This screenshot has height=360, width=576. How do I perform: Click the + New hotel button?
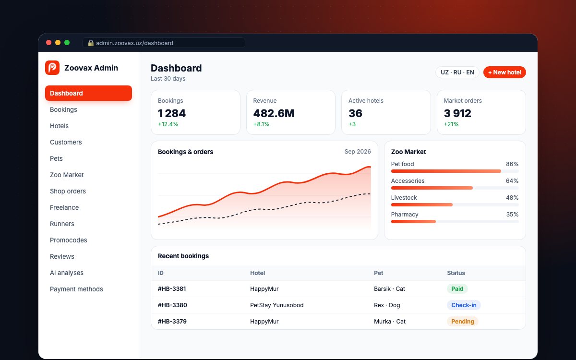pyautogui.click(x=504, y=72)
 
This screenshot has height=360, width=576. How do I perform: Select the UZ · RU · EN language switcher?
pyautogui.click(x=457, y=72)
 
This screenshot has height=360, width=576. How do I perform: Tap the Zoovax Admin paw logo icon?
pyautogui.click(x=52, y=68)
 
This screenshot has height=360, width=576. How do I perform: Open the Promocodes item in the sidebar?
pyautogui.click(x=68, y=240)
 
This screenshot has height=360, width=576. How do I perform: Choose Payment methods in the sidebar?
pyautogui.click(x=76, y=289)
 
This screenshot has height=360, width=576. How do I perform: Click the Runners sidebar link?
pyautogui.click(x=62, y=224)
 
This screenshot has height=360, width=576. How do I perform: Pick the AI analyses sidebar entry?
pyautogui.click(x=67, y=273)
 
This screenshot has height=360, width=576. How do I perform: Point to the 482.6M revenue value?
pyautogui.click(x=274, y=113)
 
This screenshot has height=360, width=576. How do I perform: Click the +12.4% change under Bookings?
pyautogui.click(x=168, y=124)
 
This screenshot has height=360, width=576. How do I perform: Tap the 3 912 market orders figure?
pyautogui.click(x=457, y=113)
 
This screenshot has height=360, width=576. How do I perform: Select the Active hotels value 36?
pyautogui.click(x=355, y=113)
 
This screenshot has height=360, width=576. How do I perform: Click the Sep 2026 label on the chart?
pyautogui.click(x=358, y=152)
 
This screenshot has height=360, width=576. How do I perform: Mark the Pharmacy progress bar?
pyautogui.click(x=455, y=222)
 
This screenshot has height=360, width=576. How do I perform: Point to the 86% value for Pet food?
pyautogui.click(x=512, y=164)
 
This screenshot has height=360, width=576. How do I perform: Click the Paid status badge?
pyautogui.click(x=457, y=289)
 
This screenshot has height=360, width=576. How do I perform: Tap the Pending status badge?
pyautogui.click(x=463, y=322)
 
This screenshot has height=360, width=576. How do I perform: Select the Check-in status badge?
pyautogui.click(x=464, y=305)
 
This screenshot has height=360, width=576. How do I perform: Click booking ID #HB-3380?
pyautogui.click(x=172, y=305)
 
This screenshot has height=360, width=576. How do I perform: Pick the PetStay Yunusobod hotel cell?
pyautogui.click(x=276, y=305)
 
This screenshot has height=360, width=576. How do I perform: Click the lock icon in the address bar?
pyautogui.click(x=91, y=43)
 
